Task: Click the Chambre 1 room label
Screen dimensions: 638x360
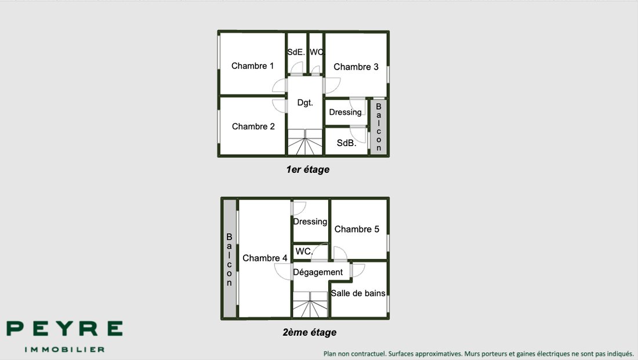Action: [x=252, y=66]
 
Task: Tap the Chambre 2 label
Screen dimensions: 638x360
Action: [x=253, y=126]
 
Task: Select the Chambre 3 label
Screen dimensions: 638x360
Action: [x=356, y=67]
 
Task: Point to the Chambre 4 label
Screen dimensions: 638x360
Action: [x=265, y=258]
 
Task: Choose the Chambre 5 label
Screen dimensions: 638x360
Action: [x=357, y=229]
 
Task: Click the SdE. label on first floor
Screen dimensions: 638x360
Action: [x=296, y=52]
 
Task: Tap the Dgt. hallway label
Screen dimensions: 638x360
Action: [x=305, y=103]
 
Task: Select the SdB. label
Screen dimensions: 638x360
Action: [x=346, y=143]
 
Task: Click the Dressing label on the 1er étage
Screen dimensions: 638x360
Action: [x=345, y=112]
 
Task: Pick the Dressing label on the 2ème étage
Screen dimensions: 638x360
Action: [x=310, y=221]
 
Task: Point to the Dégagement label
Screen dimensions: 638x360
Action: [x=318, y=272]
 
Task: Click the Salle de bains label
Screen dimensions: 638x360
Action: [x=358, y=293]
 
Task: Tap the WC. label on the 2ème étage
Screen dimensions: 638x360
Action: [x=303, y=252]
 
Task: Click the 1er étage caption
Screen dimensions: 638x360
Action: [x=307, y=170]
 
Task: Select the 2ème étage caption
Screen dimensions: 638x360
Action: [x=310, y=332]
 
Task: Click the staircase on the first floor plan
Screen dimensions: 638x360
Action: [x=305, y=142]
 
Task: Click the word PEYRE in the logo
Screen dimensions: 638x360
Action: [x=64, y=328]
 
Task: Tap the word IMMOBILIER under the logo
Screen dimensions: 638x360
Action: [x=65, y=350]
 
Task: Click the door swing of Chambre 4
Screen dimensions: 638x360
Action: [x=283, y=272]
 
